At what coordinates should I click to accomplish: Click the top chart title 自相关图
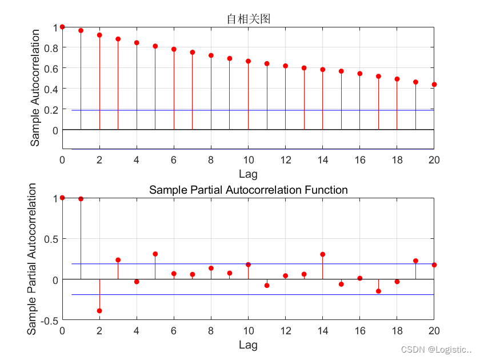tap(248, 19)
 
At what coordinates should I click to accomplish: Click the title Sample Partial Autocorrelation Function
tap(248, 190)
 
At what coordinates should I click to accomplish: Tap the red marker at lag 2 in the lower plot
tap(99, 311)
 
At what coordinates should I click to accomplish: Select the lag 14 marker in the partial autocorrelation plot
tap(322, 254)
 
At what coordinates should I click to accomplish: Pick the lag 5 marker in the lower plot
tap(155, 254)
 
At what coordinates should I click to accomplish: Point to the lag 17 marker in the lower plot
tap(378, 291)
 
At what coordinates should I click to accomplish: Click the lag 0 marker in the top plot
tap(62, 27)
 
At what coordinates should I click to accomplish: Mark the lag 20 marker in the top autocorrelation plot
tap(434, 85)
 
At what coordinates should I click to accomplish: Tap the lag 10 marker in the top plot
tap(248, 61)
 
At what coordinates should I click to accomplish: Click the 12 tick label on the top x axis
tap(285, 159)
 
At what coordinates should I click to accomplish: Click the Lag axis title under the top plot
tap(248, 173)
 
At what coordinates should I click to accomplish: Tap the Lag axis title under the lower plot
tap(248, 345)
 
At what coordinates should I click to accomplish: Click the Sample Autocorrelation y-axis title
tap(35, 85)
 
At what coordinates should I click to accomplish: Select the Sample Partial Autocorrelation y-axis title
tap(33, 259)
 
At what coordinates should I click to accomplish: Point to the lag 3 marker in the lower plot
tap(118, 260)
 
